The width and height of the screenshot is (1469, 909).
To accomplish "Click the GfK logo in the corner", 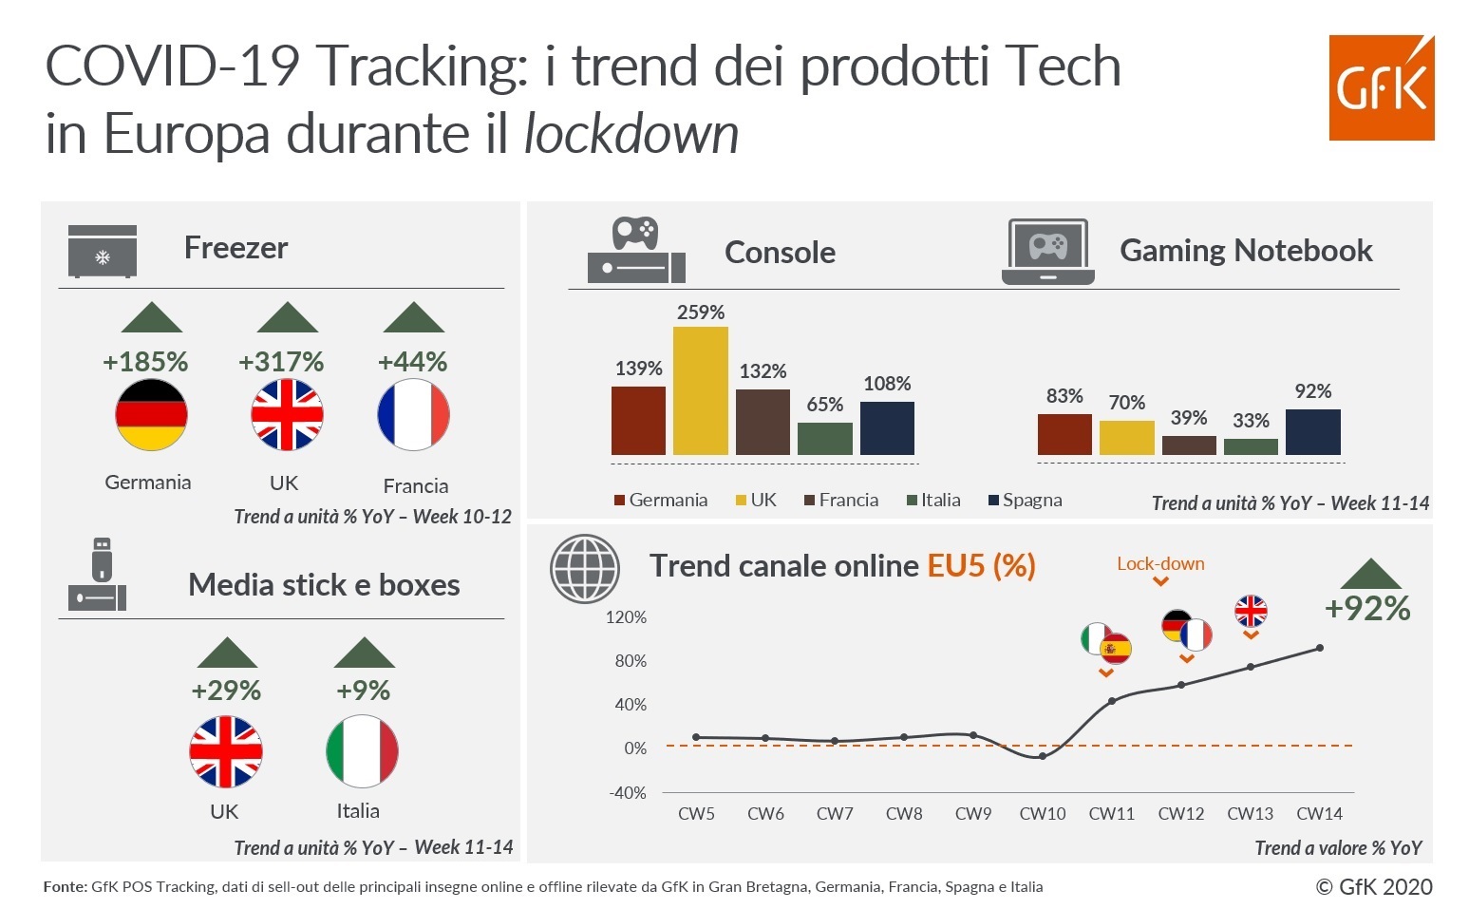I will tap(1381, 88).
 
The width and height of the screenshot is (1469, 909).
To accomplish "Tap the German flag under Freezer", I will tap(151, 415).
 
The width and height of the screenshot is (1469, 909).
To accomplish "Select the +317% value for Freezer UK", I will tap(281, 362).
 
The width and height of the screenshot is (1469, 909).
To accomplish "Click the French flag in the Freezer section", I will tap(413, 415).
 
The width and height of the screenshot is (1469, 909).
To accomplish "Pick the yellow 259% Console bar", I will tap(701, 390).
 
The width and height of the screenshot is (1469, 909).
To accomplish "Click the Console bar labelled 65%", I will tap(824, 439).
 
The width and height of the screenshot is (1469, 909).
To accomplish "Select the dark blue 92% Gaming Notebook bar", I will tap(1312, 432).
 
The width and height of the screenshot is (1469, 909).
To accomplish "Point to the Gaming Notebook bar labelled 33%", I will tap(1251, 446).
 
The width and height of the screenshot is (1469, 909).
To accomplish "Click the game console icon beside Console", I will tap(636, 251).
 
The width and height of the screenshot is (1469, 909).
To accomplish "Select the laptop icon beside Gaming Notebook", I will tap(1047, 252).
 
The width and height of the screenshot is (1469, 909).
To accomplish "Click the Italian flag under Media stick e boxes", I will tap(362, 751).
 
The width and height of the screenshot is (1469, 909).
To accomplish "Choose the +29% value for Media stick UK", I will tap(226, 691).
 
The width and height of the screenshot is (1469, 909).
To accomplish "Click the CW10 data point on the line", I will tap(1043, 756).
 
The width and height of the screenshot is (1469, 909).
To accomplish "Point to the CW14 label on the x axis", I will tap(1319, 814).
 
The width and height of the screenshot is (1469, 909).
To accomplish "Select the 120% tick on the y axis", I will tap(626, 617).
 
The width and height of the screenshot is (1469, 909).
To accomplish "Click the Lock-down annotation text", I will tap(1160, 563).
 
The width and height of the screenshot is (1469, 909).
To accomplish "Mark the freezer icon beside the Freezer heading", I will tap(103, 252).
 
